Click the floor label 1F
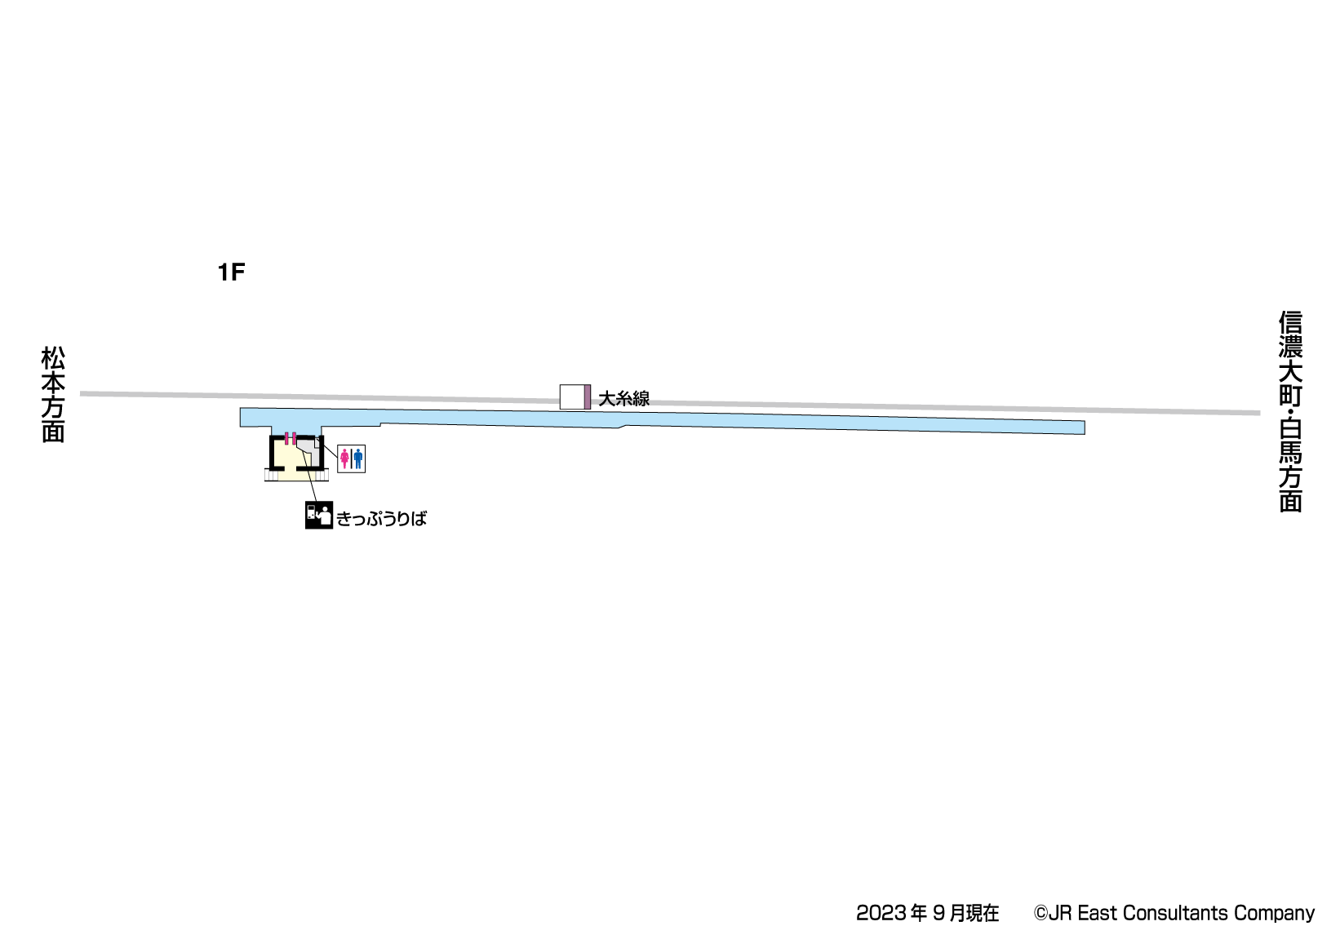[x=231, y=272]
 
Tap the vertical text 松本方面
[x=53, y=394]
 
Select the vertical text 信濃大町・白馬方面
[x=1289, y=411]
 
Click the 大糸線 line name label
[x=623, y=399]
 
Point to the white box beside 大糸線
[x=571, y=396]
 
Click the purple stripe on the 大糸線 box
[x=587, y=396]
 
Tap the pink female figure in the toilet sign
[x=344, y=458]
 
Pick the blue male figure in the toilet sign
[x=357, y=458]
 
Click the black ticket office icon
[x=318, y=515]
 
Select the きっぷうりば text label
[x=381, y=519]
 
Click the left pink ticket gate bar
[x=286, y=438]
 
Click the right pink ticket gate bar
[x=294, y=438]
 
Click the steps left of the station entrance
[x=271, y=475]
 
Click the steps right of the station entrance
[x=321, y=475]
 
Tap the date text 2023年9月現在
[x=927, y=913]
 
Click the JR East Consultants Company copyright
[x=1174, y=913]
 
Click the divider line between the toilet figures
[x=351, y=458]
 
